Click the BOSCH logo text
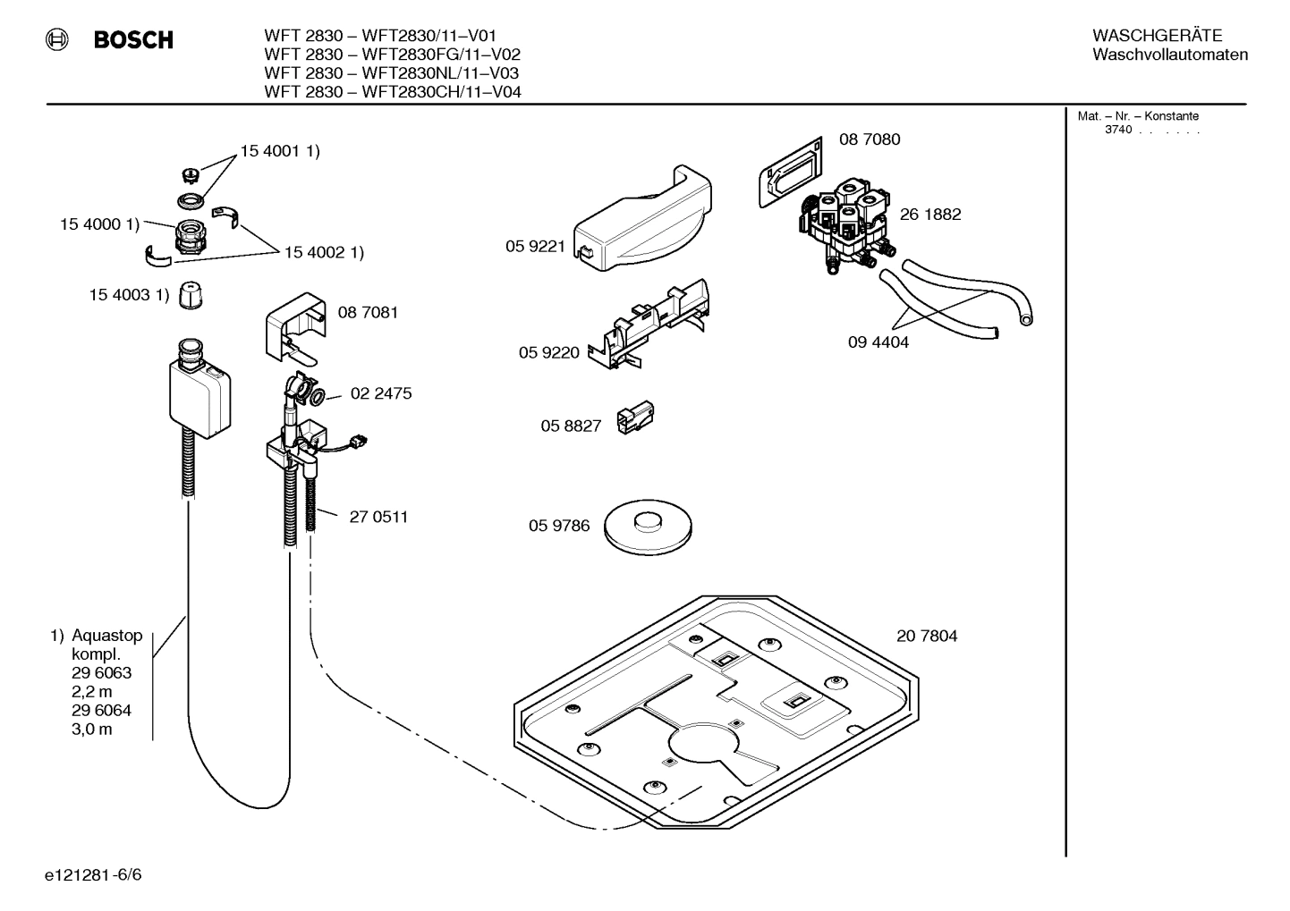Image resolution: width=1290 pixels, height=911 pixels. [x=133, y=40]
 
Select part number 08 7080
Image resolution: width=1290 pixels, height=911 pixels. [x=869, y=139]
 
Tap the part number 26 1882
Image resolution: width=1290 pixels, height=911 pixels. [x=930, y=215]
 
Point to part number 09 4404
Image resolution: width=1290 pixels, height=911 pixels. [x=878, y=342]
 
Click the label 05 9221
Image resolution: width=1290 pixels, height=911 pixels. [x=535, y=247]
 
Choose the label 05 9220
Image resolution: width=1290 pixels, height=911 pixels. [x=548, y=353]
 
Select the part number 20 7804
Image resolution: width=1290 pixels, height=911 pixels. [x=926, y=637]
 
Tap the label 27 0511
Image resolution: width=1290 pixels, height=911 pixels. [x=378, y=517]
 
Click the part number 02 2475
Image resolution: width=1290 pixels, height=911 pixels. [x=381, y=393]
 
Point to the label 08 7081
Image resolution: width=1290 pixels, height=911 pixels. [x=368, y=313]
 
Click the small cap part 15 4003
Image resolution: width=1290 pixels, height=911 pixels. [x=189, y=295]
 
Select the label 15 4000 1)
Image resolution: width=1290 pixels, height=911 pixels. [x=99, y=224]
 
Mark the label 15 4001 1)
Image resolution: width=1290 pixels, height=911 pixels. [x=279, y=151]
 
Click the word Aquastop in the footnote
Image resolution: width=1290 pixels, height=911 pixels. [x=106, y=636]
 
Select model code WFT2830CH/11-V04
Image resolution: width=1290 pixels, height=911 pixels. [x=441, y=92]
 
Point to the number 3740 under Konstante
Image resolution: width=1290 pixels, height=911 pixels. [x=1117, y=130]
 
